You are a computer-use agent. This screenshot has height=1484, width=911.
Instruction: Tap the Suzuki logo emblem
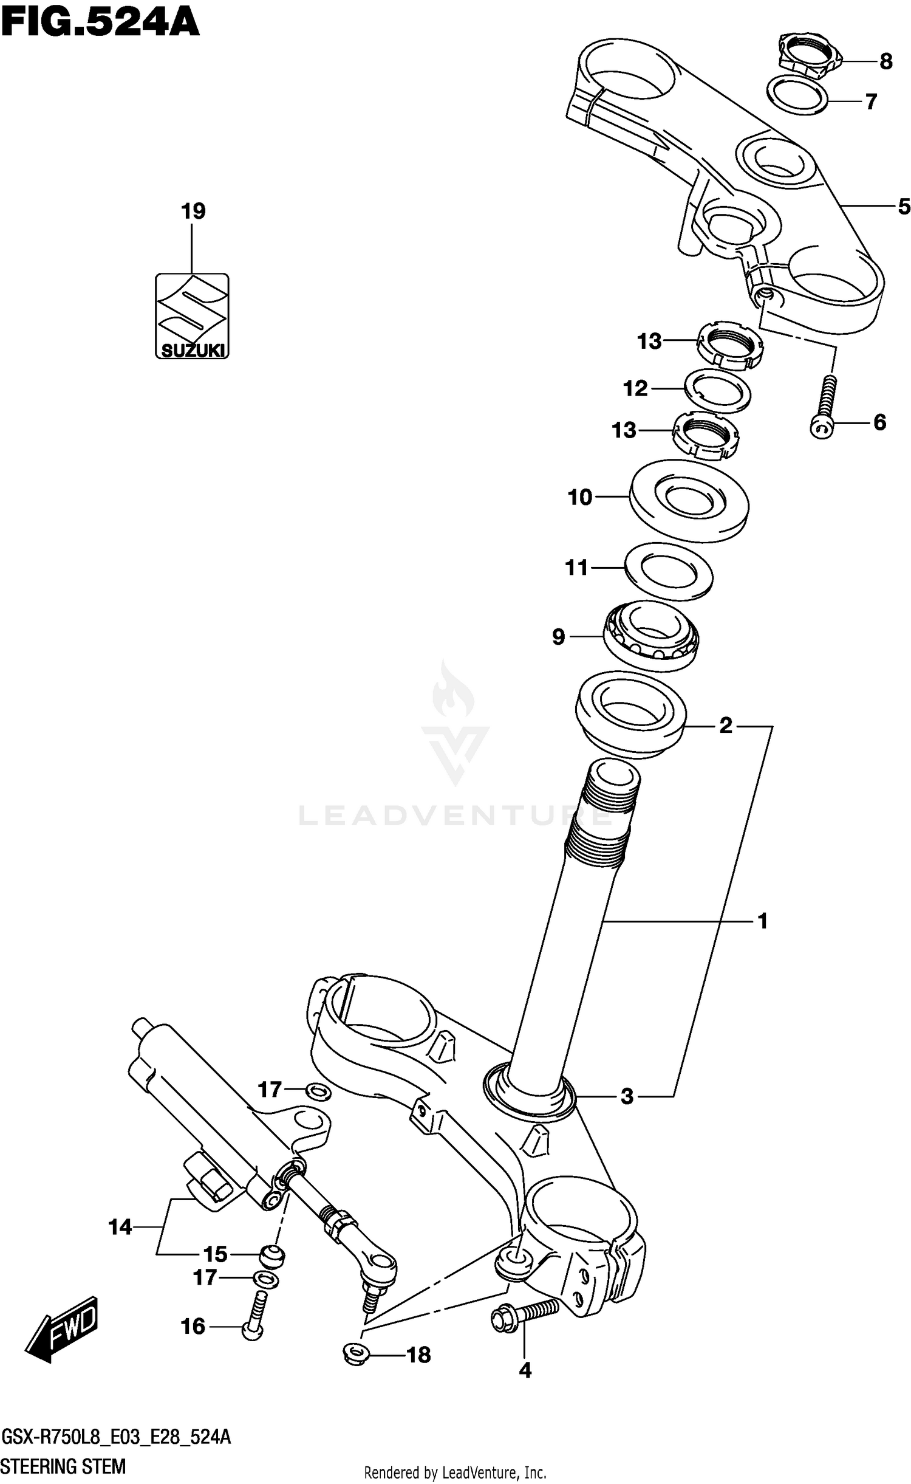(x=192, y=315)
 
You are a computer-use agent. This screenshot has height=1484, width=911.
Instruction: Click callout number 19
(x=193, y=211)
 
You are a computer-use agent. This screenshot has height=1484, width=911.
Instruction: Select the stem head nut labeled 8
(x=807, y=57)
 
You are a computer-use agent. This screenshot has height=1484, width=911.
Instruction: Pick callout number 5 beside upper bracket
(x=904, y=207)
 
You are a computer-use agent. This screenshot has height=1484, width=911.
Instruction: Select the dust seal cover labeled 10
(x=689, y=501)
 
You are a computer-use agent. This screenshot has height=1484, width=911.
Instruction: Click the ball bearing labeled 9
(x=651, y=634)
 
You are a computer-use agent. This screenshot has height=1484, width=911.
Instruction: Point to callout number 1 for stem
(x=763, y=921)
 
